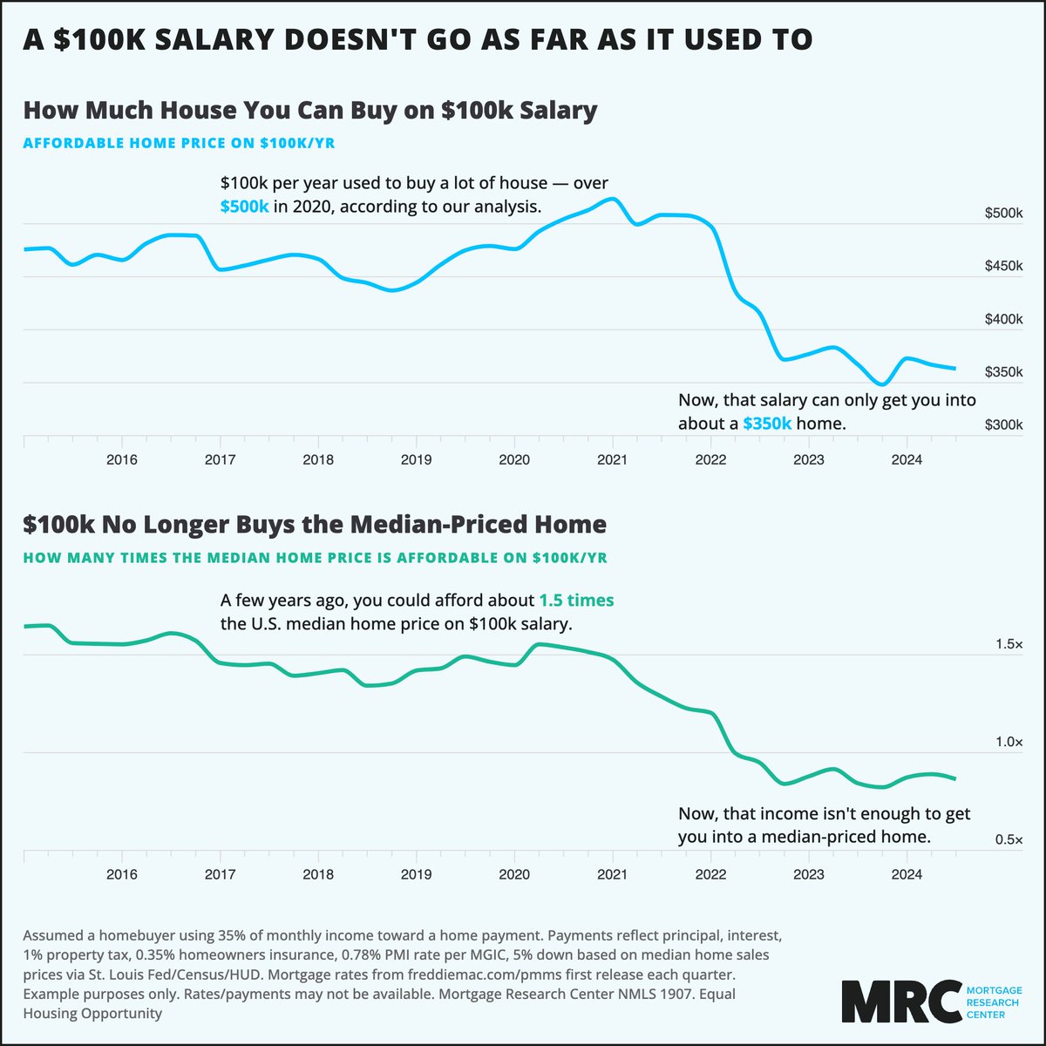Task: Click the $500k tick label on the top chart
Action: pos(1004,214)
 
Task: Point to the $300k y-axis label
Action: pos(1004,425)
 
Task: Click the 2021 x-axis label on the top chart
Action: pos(612,459)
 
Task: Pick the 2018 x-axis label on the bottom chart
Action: pos(318,874)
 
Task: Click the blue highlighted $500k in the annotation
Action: pos(244,207)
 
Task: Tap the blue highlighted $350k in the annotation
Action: pos(767,423)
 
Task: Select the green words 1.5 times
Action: pos(576,601)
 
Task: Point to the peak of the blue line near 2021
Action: pos(612,200)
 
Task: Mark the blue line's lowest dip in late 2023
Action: pos(882,384)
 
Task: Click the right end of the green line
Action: pos(955,778)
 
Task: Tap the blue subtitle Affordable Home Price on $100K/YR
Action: pos(179,143)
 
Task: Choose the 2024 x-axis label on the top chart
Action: pos(907,459)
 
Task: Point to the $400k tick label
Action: pos(1004,319)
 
